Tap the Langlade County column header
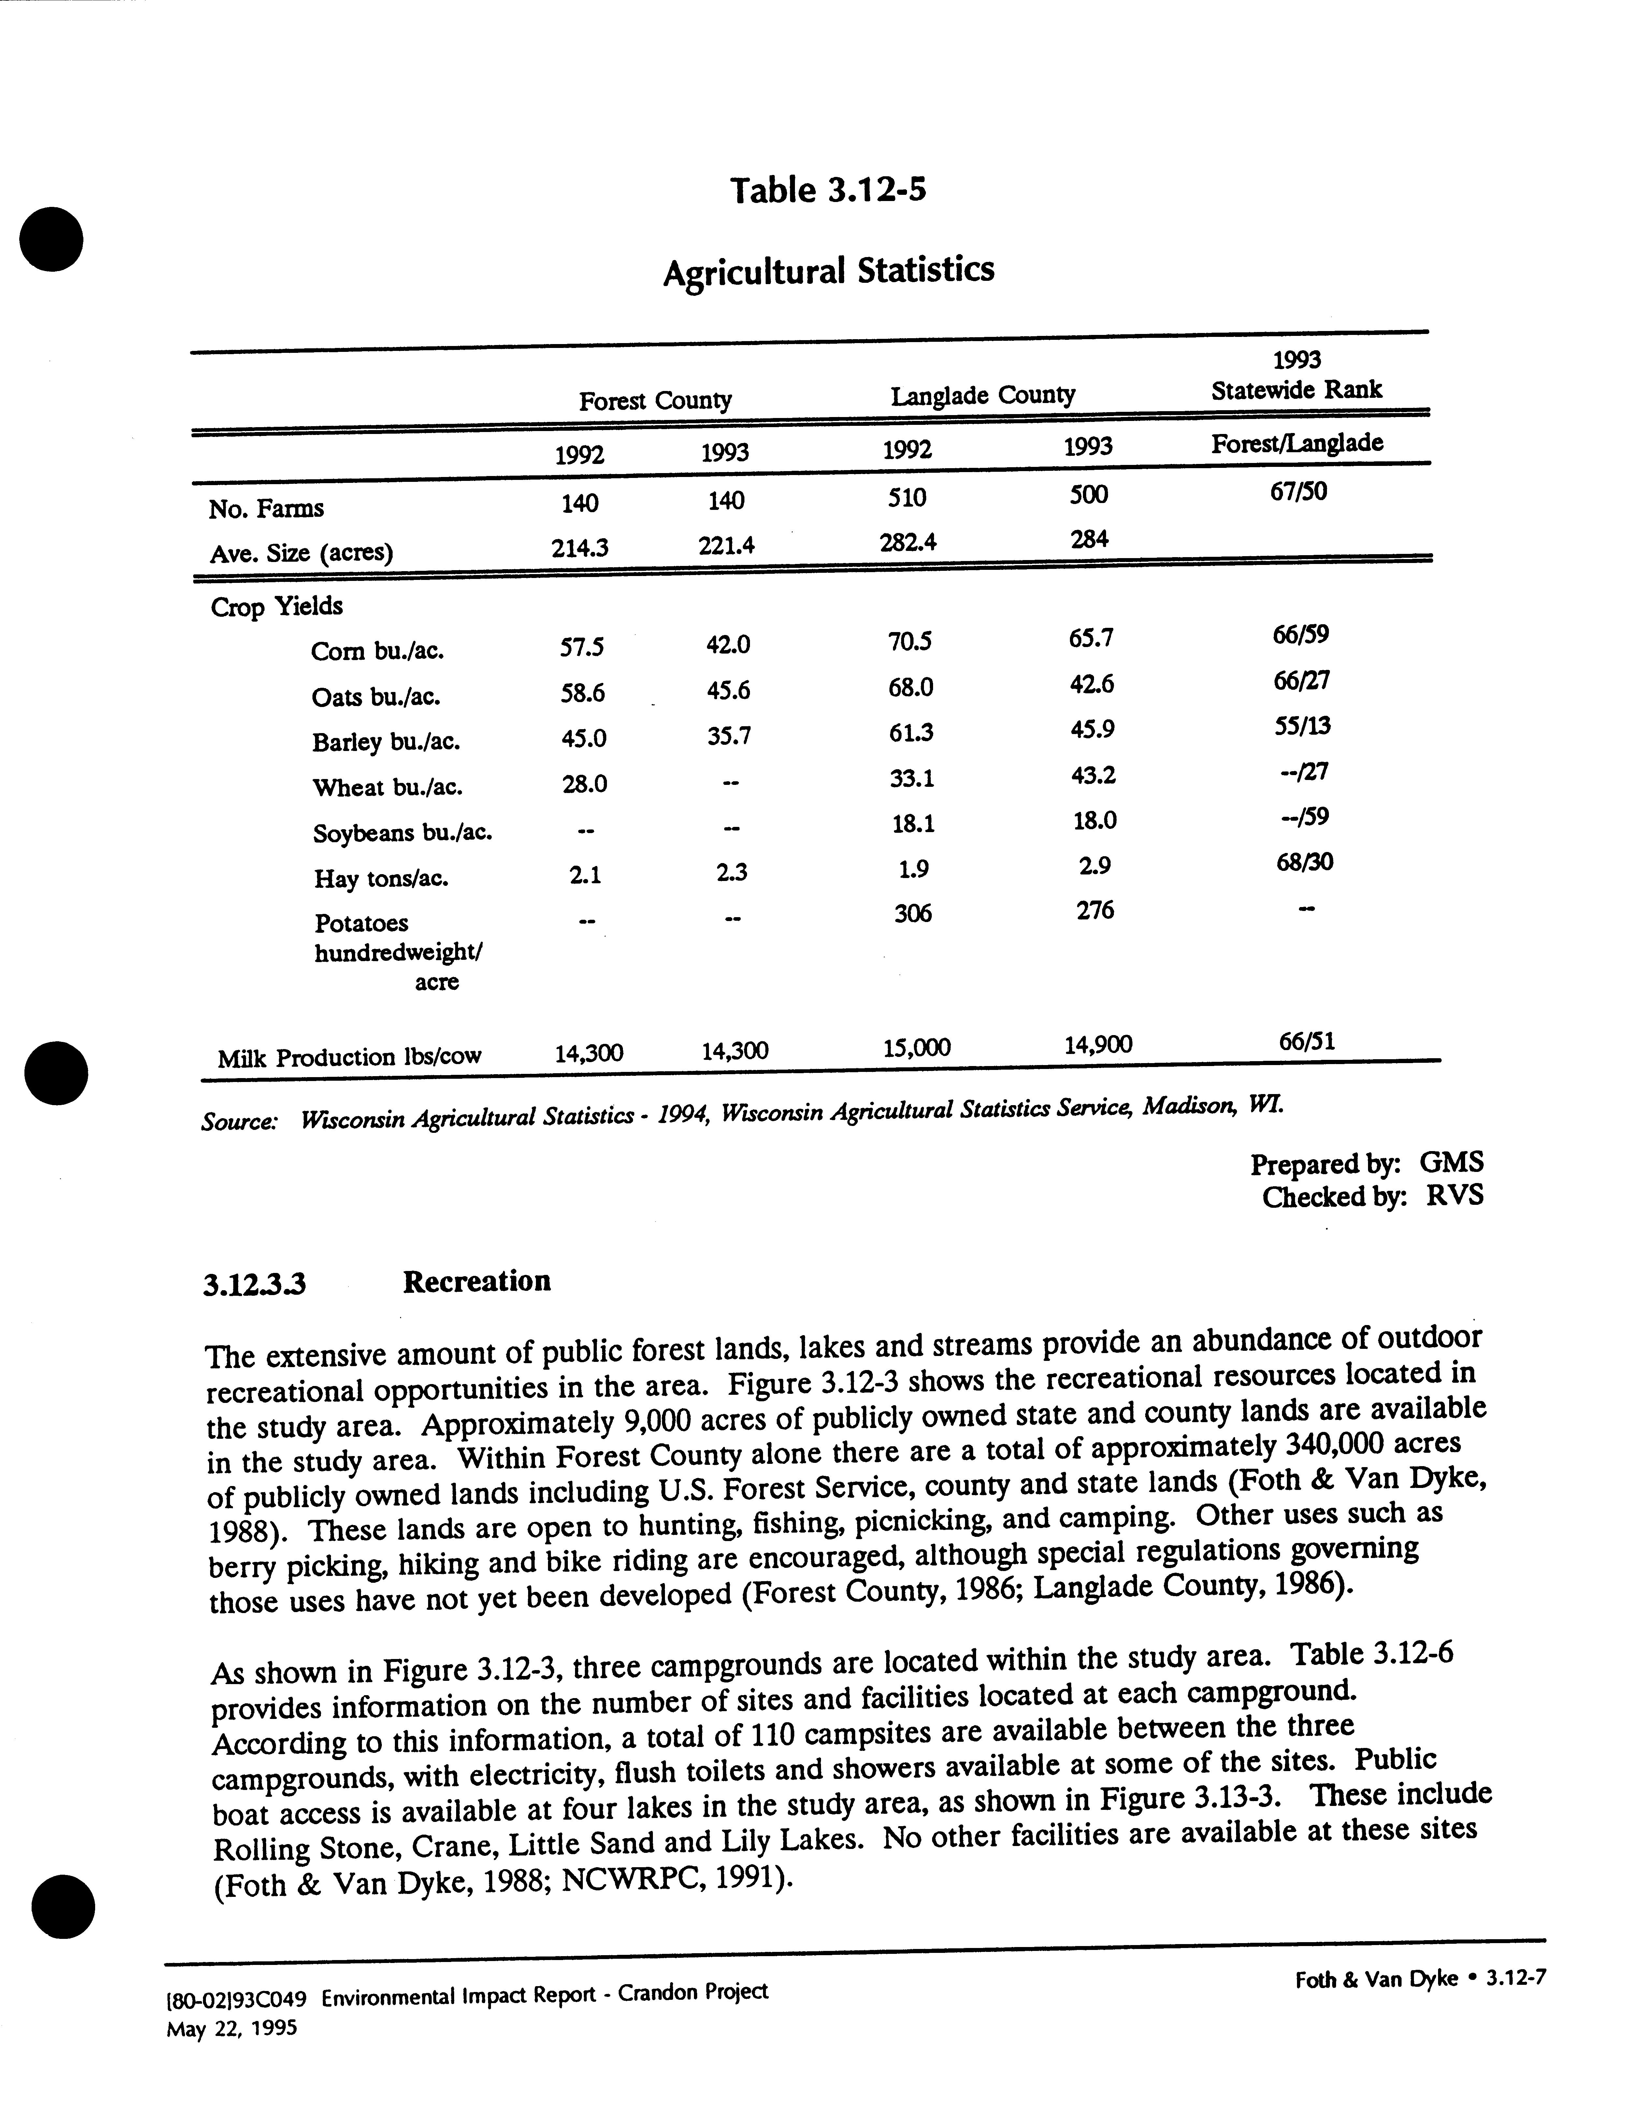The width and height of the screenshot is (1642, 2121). [x=983, y=395]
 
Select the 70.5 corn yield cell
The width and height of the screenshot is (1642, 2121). [x=909, y=641]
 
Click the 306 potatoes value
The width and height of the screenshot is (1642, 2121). [x=913, y=913]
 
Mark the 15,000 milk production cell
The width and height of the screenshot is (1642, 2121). [x=917, y=1047]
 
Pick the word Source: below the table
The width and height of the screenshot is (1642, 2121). [x=239, y=1122]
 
